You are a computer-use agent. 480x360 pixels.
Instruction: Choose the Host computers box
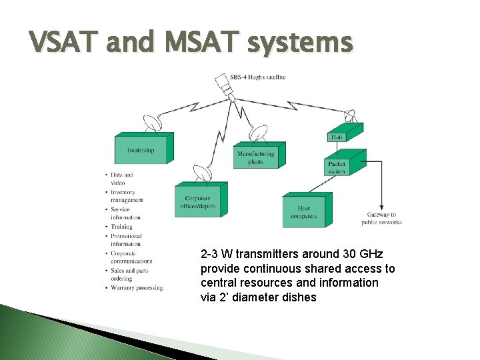304,212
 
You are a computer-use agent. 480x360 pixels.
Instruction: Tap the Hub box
337,137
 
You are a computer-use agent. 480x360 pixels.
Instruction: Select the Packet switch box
337,167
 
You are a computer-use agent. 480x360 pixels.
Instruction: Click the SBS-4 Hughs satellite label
258,77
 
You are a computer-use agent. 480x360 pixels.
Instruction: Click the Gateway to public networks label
381,218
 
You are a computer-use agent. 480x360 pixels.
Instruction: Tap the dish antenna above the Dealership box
153,123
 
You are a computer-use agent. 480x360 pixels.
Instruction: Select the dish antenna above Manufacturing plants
259,133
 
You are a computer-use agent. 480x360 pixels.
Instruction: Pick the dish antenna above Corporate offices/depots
201,173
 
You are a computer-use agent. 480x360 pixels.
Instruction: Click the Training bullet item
122,227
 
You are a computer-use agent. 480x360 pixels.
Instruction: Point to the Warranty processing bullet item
137,287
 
